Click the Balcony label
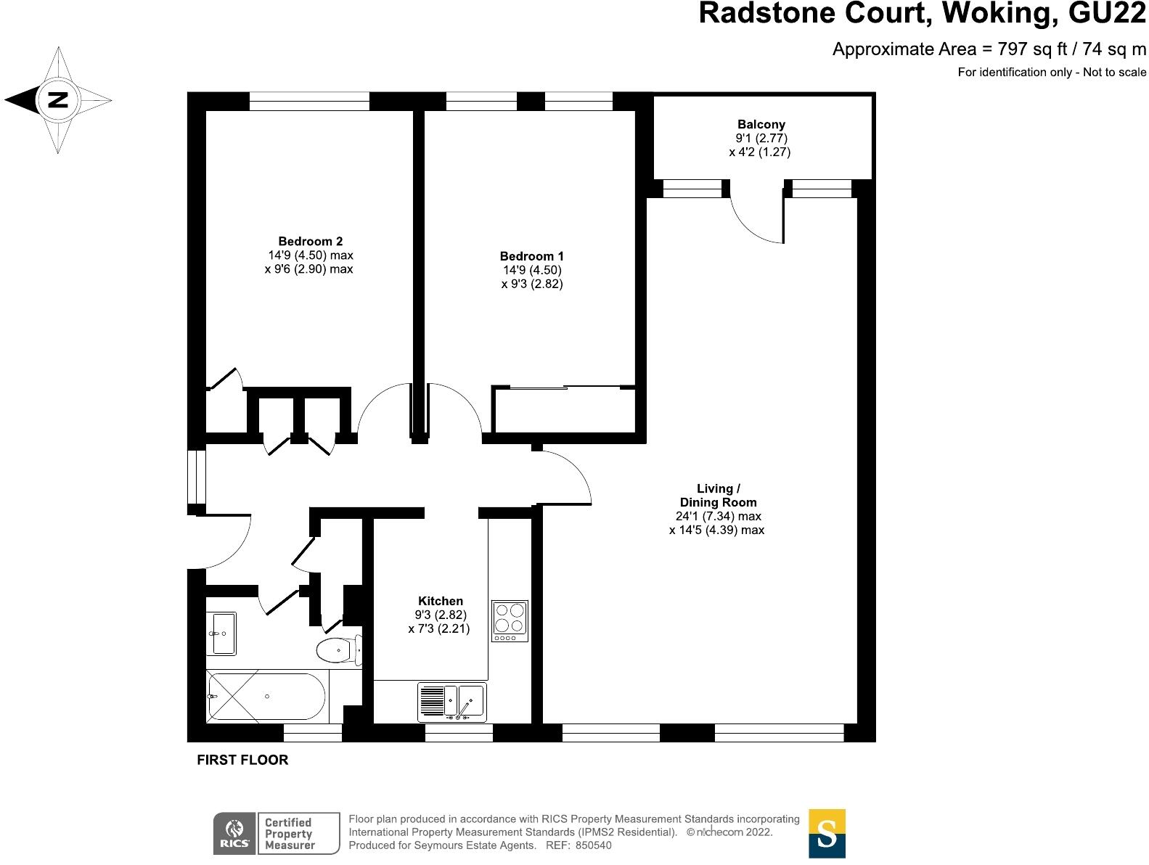761,125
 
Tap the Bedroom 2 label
310,242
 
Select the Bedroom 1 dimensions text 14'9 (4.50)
532,270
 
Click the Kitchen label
440,601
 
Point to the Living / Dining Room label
717,495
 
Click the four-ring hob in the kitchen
509,621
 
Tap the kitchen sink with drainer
452,702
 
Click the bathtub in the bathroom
267,696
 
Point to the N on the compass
57,100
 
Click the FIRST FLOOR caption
242,760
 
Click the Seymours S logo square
827,833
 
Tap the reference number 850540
594,845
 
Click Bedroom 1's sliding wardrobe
564,410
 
